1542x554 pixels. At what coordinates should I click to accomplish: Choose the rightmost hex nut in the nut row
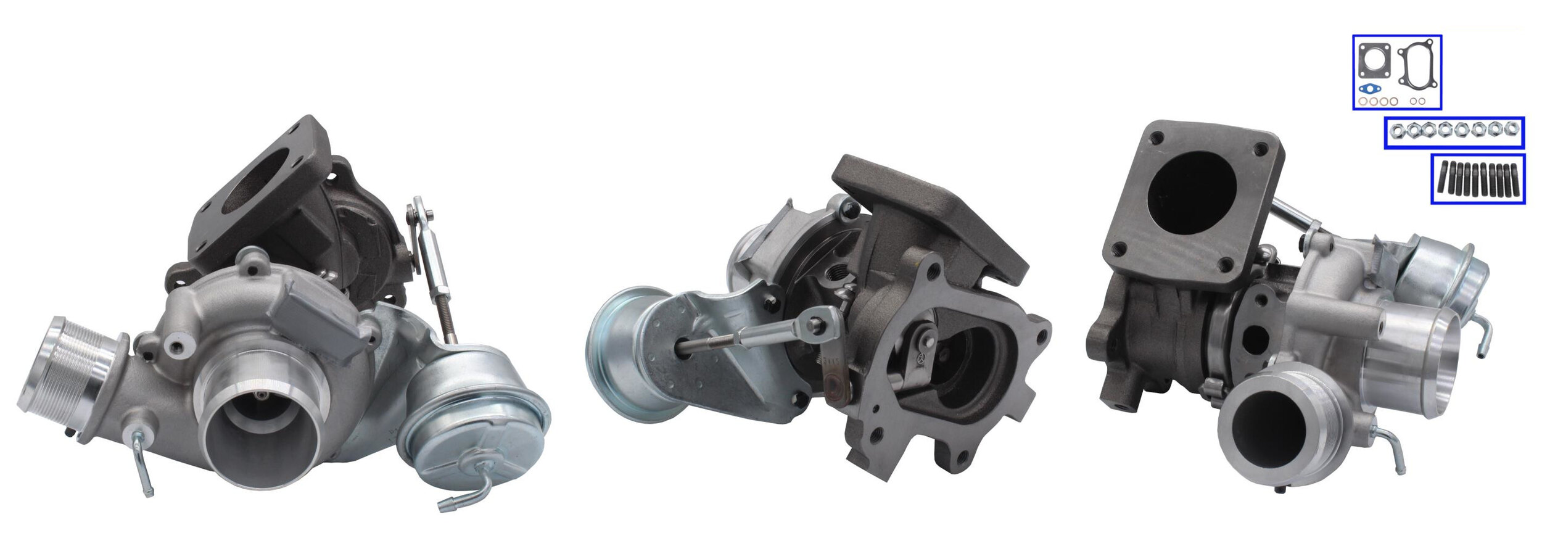click(x=1511, y=128)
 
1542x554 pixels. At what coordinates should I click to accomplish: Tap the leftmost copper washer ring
click(x=1363, y=101)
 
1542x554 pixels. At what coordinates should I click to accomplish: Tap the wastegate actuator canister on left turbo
click(x=474, y=410)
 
